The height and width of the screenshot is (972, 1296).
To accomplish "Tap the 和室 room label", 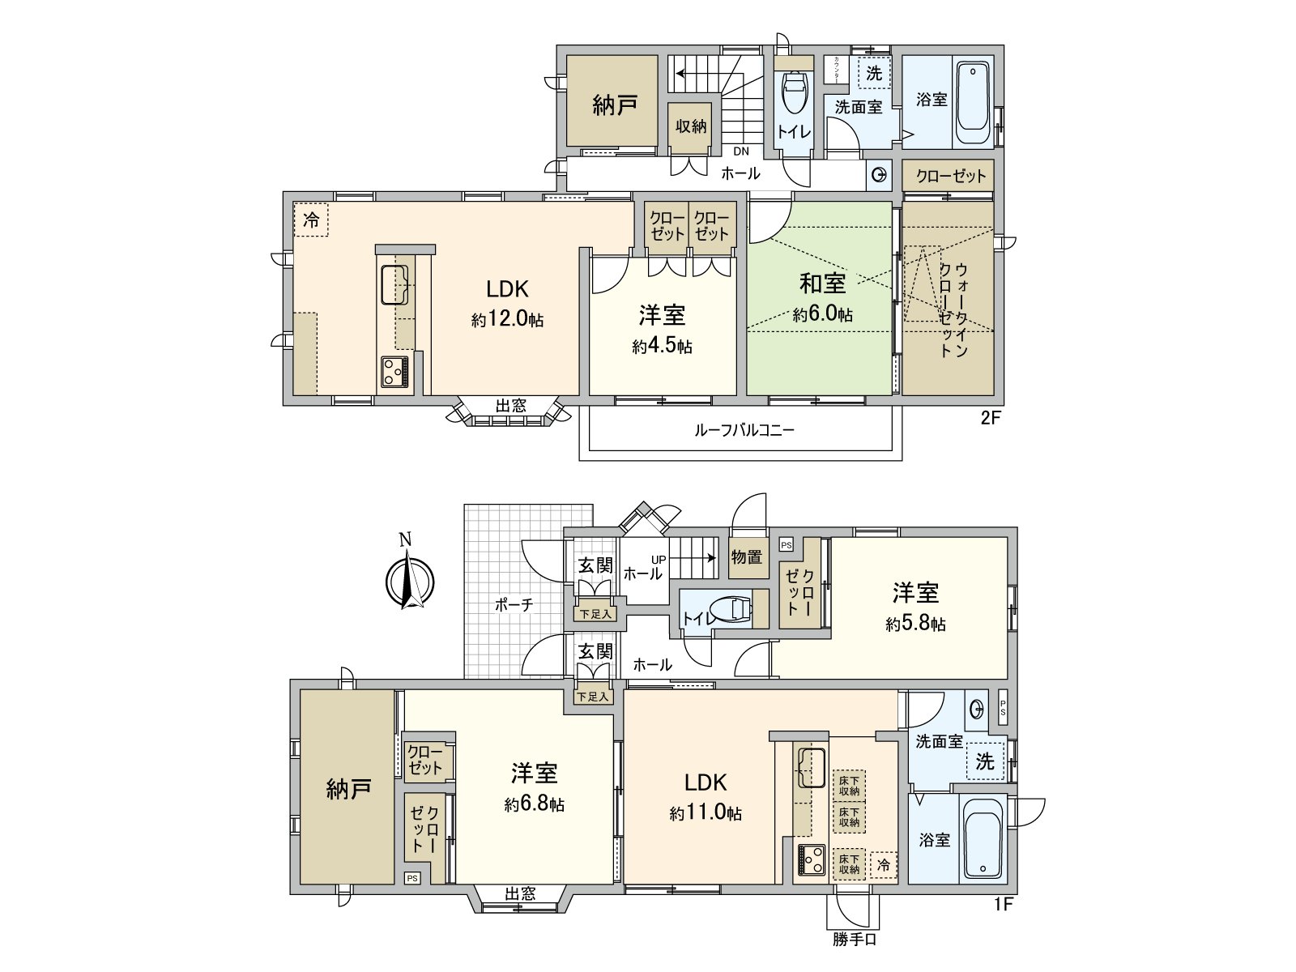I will coord(822,283).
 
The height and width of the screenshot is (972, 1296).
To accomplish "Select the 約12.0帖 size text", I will coord(508,320).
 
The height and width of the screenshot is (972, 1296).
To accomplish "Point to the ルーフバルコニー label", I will coord(744,430).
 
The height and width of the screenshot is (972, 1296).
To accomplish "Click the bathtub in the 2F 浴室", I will coord(972,104).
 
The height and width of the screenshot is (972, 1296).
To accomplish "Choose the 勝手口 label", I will coord(854,940).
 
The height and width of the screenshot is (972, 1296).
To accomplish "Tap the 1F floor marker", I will coord(1004,905).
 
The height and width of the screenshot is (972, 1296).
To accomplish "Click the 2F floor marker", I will coord(991,419).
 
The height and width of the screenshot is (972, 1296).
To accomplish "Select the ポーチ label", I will coord(513,604).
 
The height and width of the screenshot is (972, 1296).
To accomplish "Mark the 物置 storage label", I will coord(747,557).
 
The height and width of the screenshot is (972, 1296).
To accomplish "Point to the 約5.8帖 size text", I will coord(915,625).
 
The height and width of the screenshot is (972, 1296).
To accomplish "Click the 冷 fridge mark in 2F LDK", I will coord(311,219).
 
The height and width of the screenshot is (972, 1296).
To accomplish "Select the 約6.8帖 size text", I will coord(534,805).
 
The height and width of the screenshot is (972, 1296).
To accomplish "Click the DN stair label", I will coord(741,151).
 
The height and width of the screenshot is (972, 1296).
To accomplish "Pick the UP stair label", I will coord(658,559).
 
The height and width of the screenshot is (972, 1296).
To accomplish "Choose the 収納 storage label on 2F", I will coord(691,126).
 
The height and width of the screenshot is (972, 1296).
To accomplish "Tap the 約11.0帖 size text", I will coord(706,814).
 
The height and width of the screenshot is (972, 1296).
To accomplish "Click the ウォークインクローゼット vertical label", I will coord(953,309).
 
